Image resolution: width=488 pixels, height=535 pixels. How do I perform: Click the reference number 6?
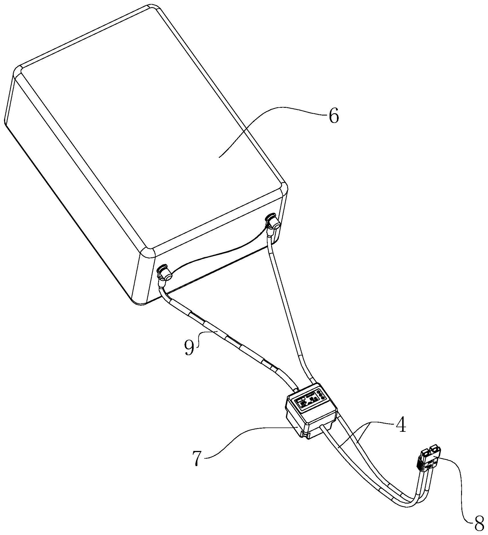pos(334,116)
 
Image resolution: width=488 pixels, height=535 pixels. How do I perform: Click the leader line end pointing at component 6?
pos(219,157)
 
